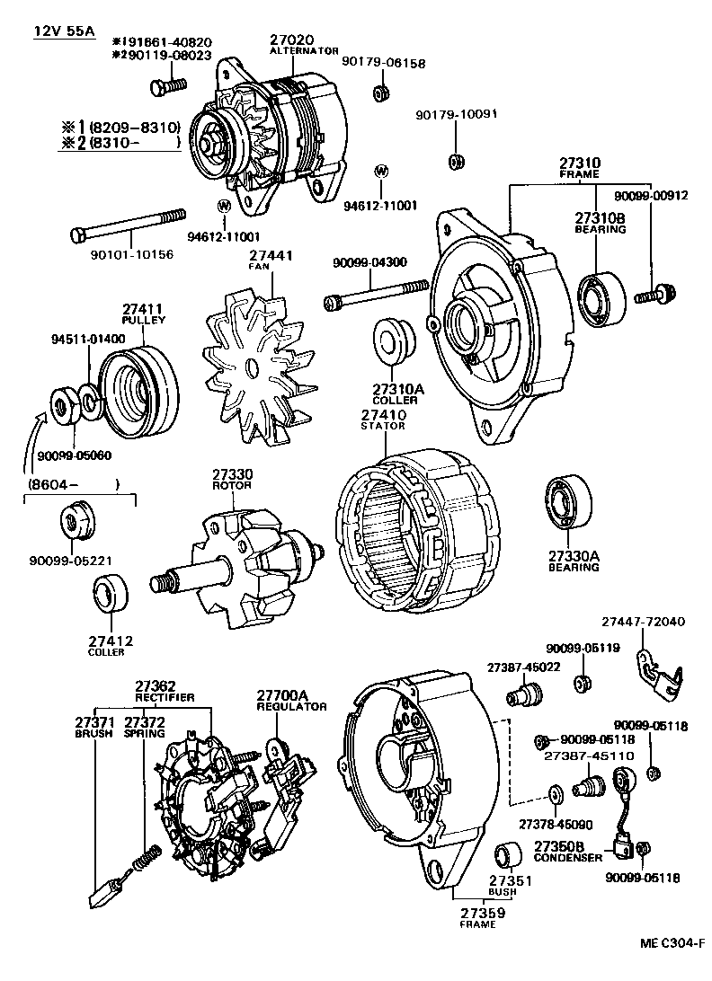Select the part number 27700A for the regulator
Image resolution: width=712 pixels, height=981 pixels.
coord(282,695)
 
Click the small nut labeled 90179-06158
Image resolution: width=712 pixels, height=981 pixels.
coord(380,93)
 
